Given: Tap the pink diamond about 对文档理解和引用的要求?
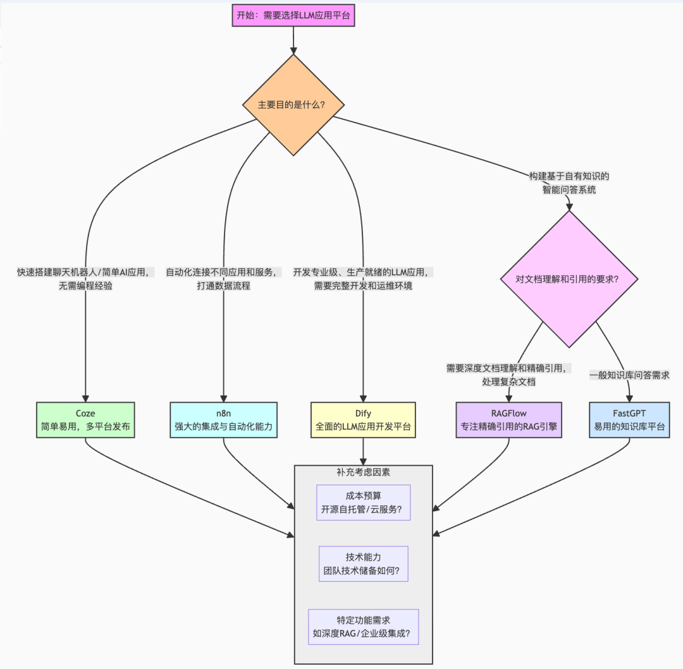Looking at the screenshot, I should [569, 278].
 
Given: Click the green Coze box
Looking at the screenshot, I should [85, 420].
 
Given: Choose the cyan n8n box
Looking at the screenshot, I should [224, 420].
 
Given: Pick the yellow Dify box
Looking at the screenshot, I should [363, 420].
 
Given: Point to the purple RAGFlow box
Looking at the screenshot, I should [509, 420].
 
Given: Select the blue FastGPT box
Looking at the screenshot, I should [629, 420].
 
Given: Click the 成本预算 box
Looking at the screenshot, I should [364, 502].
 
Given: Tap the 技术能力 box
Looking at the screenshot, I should [364, 564].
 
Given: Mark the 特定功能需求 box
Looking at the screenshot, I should [364, 627].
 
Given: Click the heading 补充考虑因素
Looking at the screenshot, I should [364, 472].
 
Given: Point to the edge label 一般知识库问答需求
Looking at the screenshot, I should [629, 375].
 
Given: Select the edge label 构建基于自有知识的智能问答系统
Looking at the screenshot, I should [569, 183].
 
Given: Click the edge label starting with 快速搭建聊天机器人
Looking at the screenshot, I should [85, 279].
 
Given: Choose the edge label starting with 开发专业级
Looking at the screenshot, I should [363, 279].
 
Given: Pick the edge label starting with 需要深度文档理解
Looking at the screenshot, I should [509, 375].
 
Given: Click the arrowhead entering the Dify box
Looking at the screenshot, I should [363, 397].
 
